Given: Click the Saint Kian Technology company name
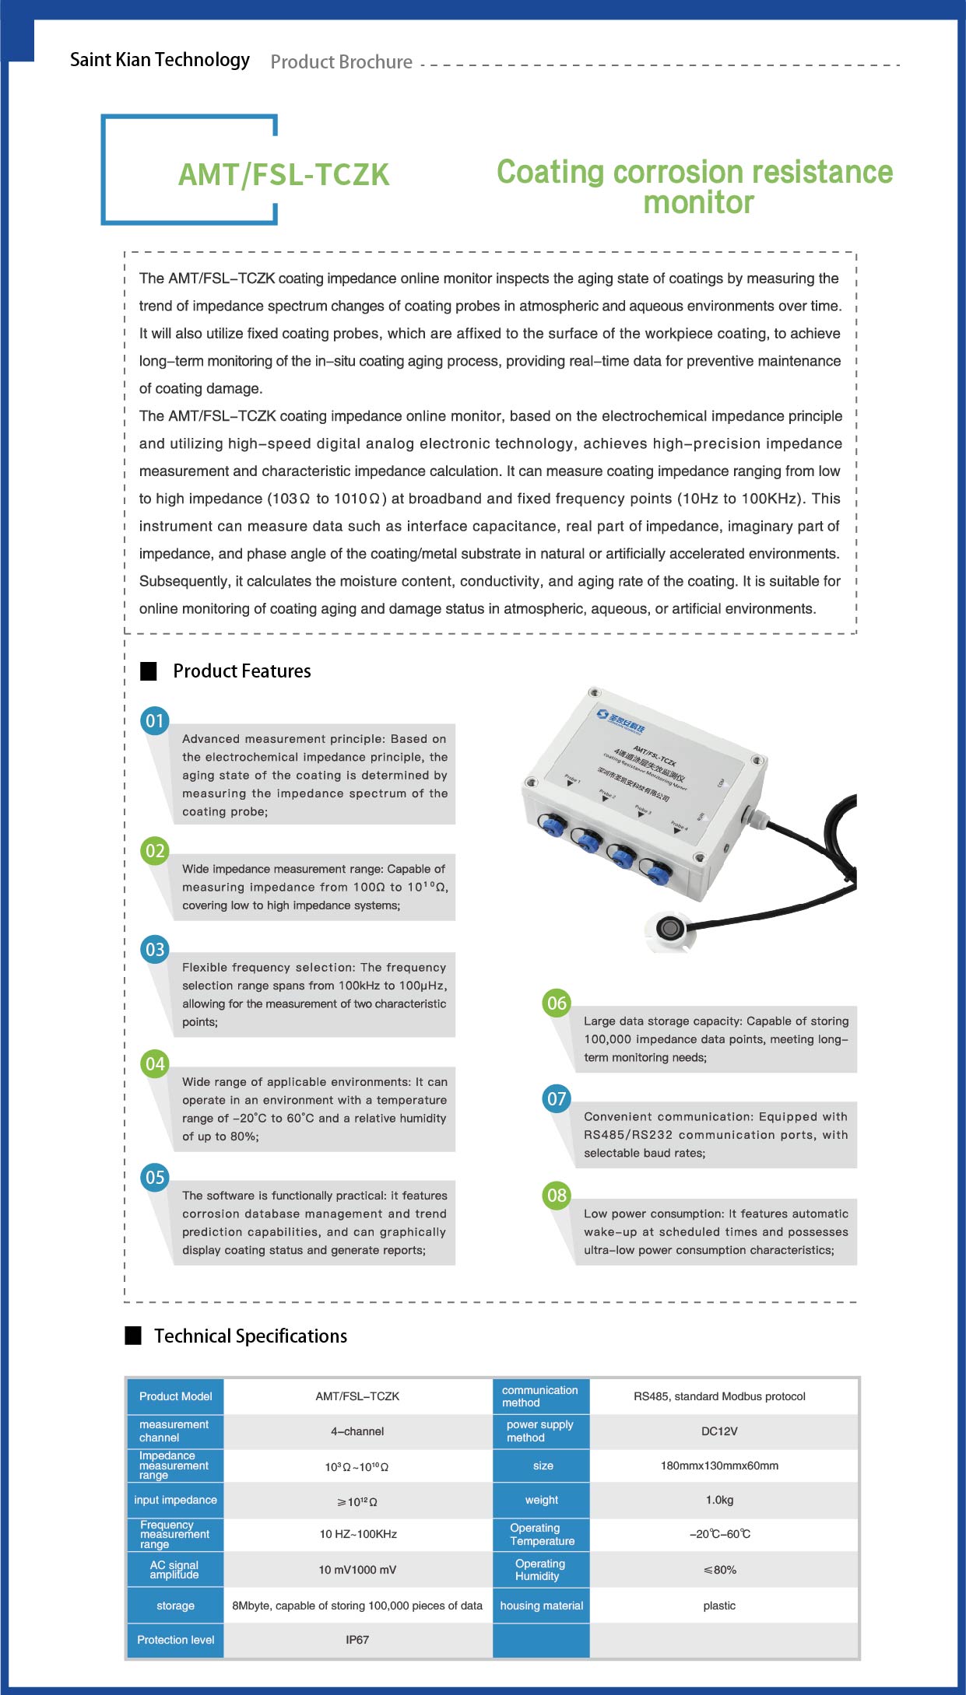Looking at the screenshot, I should [160, 60].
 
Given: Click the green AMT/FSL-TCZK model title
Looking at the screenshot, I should [283, 175].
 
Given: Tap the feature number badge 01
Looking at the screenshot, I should [155, 720].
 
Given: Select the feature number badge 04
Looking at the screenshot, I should [155, 1063].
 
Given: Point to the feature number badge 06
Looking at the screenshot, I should [557, 1003].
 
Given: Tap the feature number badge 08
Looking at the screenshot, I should [557, 1195].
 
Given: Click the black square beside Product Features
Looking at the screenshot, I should [148, 671].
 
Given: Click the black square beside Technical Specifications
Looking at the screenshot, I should [133, 1336].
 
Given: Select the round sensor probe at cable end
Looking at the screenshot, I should [670, 928].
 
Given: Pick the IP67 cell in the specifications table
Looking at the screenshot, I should [357, 1640].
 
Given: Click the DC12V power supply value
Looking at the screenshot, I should [719, 1431].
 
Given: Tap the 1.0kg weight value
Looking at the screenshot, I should [719, 1500].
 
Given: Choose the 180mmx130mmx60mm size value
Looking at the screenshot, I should [719, 1466].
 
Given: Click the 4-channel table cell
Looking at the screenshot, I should [357, 1431].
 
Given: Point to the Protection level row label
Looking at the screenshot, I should [175, 1640].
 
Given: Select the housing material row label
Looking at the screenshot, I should [541, 1606].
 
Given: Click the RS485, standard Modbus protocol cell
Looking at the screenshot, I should [719, 1396].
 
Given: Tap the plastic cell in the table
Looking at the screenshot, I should [719, 1606].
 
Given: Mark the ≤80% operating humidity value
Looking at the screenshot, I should [719, 1570].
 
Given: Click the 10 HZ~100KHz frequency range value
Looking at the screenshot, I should [357, 1534].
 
